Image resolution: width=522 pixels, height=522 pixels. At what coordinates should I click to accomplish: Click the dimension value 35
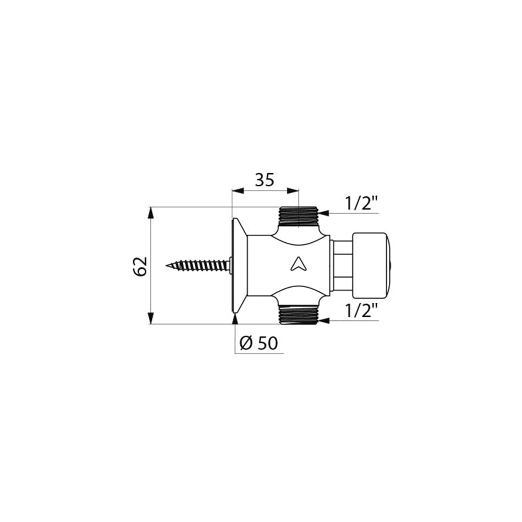click(x=265, y=180)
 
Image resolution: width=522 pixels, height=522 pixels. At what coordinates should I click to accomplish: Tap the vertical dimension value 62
click(x=140, y=266)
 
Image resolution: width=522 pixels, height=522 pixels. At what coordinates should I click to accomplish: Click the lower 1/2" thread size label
click(x=362, y=310)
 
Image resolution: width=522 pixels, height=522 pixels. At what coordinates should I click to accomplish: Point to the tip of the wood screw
click(x=167, y=266)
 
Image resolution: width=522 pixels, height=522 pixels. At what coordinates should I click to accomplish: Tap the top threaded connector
click(x=299, y=217)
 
